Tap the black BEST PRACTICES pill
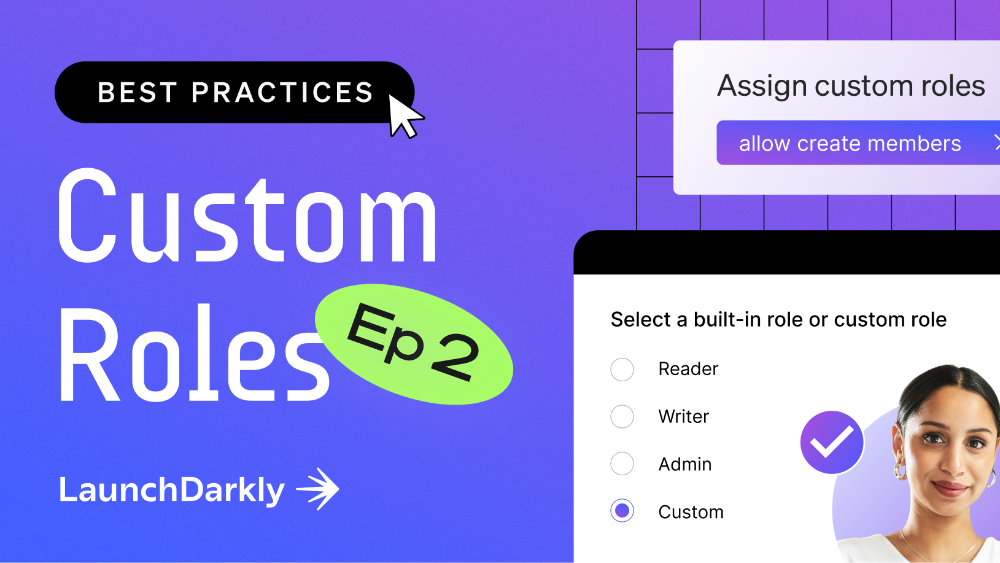point(233,92)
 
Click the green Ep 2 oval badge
point(414,344)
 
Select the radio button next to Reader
point(622,370)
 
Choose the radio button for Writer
point(622,416)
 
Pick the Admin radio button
point(622,464)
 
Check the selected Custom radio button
point(622,511)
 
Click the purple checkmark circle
point(832,442)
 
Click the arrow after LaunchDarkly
point(318,489)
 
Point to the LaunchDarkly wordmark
point(172,490)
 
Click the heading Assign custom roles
point(851,86)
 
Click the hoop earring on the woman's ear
point(901,472)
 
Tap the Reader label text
point(688,369)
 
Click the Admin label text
point(685,464)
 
